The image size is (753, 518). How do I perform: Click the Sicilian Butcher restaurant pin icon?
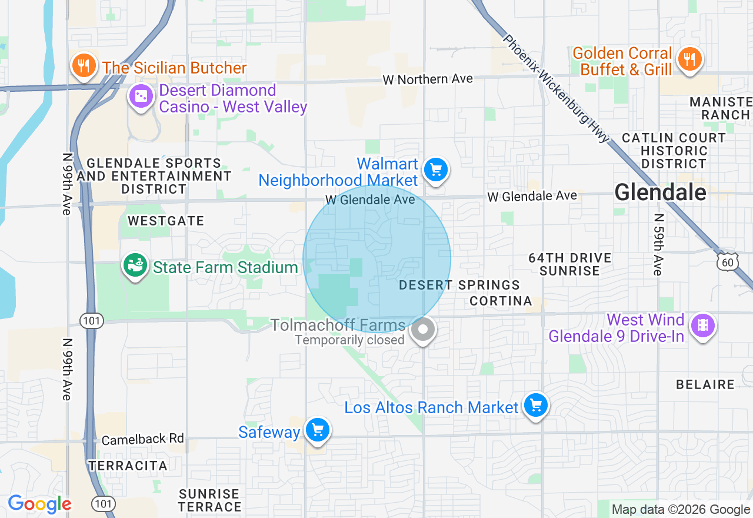point(84,65)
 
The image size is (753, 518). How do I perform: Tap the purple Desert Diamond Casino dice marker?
point(141,97)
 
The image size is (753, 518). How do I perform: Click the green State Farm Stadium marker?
point(135,266)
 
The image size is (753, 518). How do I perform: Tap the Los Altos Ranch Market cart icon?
point(535,406)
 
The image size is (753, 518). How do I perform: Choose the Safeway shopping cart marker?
point(318,431)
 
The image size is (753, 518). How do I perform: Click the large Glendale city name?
point(660,192)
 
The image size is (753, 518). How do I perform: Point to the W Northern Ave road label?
point(427,79)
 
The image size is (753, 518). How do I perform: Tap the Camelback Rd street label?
point(143,439)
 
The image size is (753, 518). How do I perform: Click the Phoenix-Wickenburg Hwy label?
point(555,88)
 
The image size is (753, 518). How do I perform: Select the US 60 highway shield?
point(728,261)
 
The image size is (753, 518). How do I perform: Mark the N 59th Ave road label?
point(658,244)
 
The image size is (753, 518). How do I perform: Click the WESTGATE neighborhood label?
point(166,221)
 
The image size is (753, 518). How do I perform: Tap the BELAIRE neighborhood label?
point(705,385)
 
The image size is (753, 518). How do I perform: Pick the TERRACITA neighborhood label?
point(128,466)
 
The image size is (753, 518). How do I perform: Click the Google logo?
point(39,504)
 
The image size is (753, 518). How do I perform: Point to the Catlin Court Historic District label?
point(674,151)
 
